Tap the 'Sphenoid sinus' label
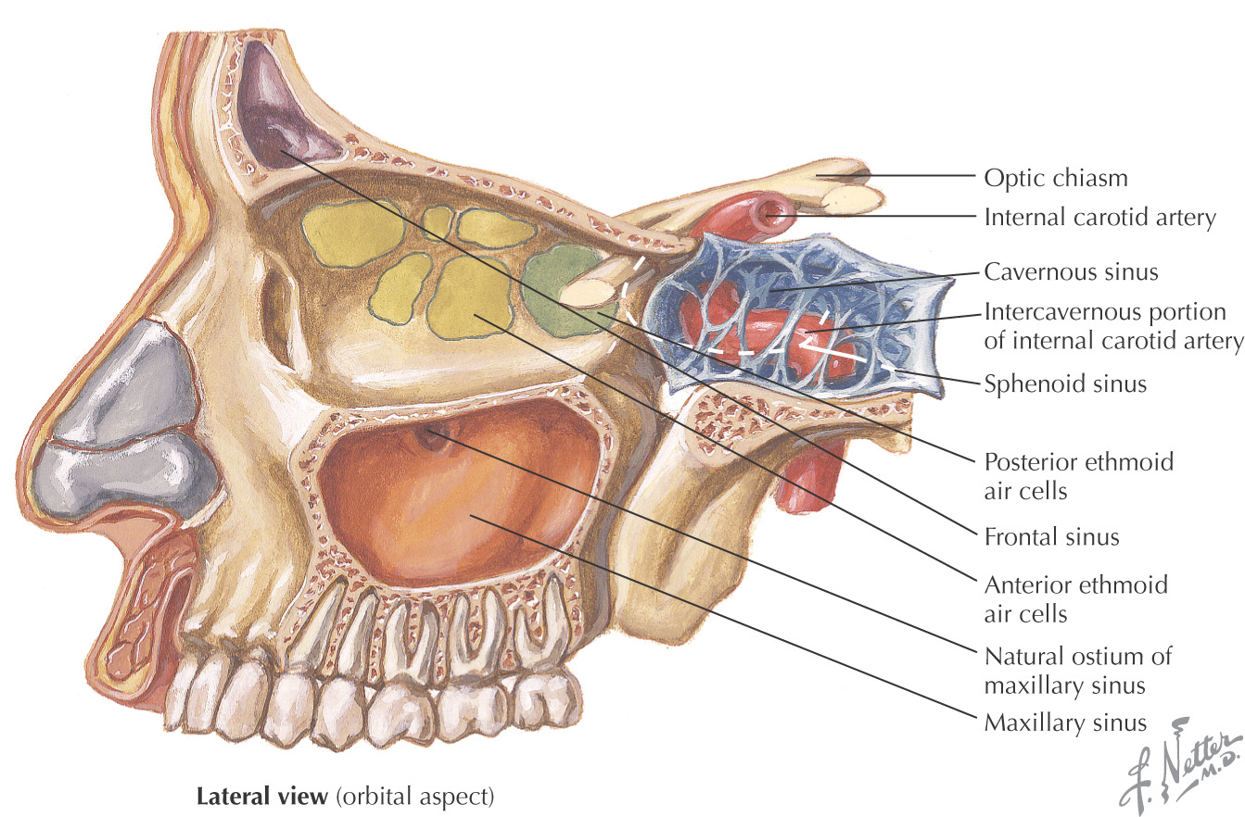click(x=1065, y=383)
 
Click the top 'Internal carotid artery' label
click(x=1099, y=218)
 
